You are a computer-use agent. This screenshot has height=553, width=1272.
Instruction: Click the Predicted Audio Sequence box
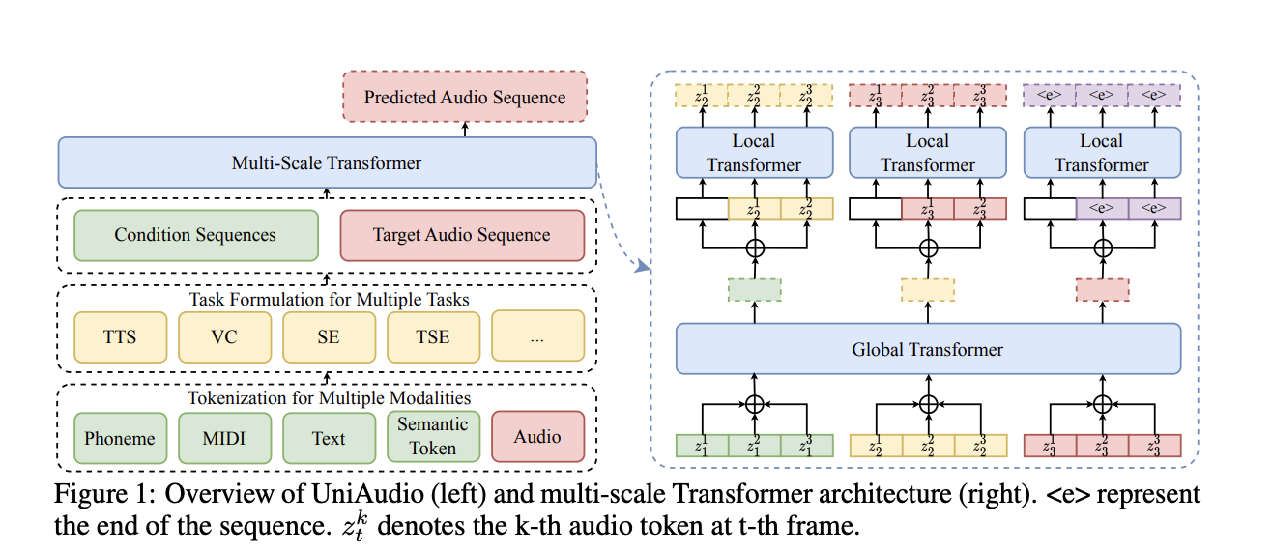(465, 98)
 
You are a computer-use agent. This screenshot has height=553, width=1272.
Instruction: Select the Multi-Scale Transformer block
(327, 162)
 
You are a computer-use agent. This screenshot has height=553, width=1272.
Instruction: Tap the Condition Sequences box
(195, 235)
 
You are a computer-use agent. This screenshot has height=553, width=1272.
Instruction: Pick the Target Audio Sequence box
(462, 235)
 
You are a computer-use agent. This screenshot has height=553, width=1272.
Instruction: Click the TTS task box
(120, 336)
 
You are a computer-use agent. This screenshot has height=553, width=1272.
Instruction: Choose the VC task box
(224, 336)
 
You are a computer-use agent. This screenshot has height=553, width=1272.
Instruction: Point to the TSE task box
(433, 336)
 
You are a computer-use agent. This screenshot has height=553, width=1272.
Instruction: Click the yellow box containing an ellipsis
(537, 336)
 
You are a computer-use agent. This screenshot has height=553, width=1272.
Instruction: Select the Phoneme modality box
(120, 438)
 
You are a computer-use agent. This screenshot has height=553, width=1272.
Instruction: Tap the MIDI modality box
(224, 438)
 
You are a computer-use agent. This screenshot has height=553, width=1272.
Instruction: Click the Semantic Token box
(433, 436)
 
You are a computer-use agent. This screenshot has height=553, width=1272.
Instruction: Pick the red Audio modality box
(537, 437)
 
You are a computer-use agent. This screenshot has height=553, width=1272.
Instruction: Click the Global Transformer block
(928, 349)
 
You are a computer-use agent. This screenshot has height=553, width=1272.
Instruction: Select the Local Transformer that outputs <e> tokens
(1102, 153)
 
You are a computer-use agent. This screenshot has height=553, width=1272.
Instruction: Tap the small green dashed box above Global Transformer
(754, 289)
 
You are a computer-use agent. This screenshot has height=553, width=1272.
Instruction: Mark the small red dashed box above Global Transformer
(1102, 289)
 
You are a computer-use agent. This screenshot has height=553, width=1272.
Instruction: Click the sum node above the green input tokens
(754, 402)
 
